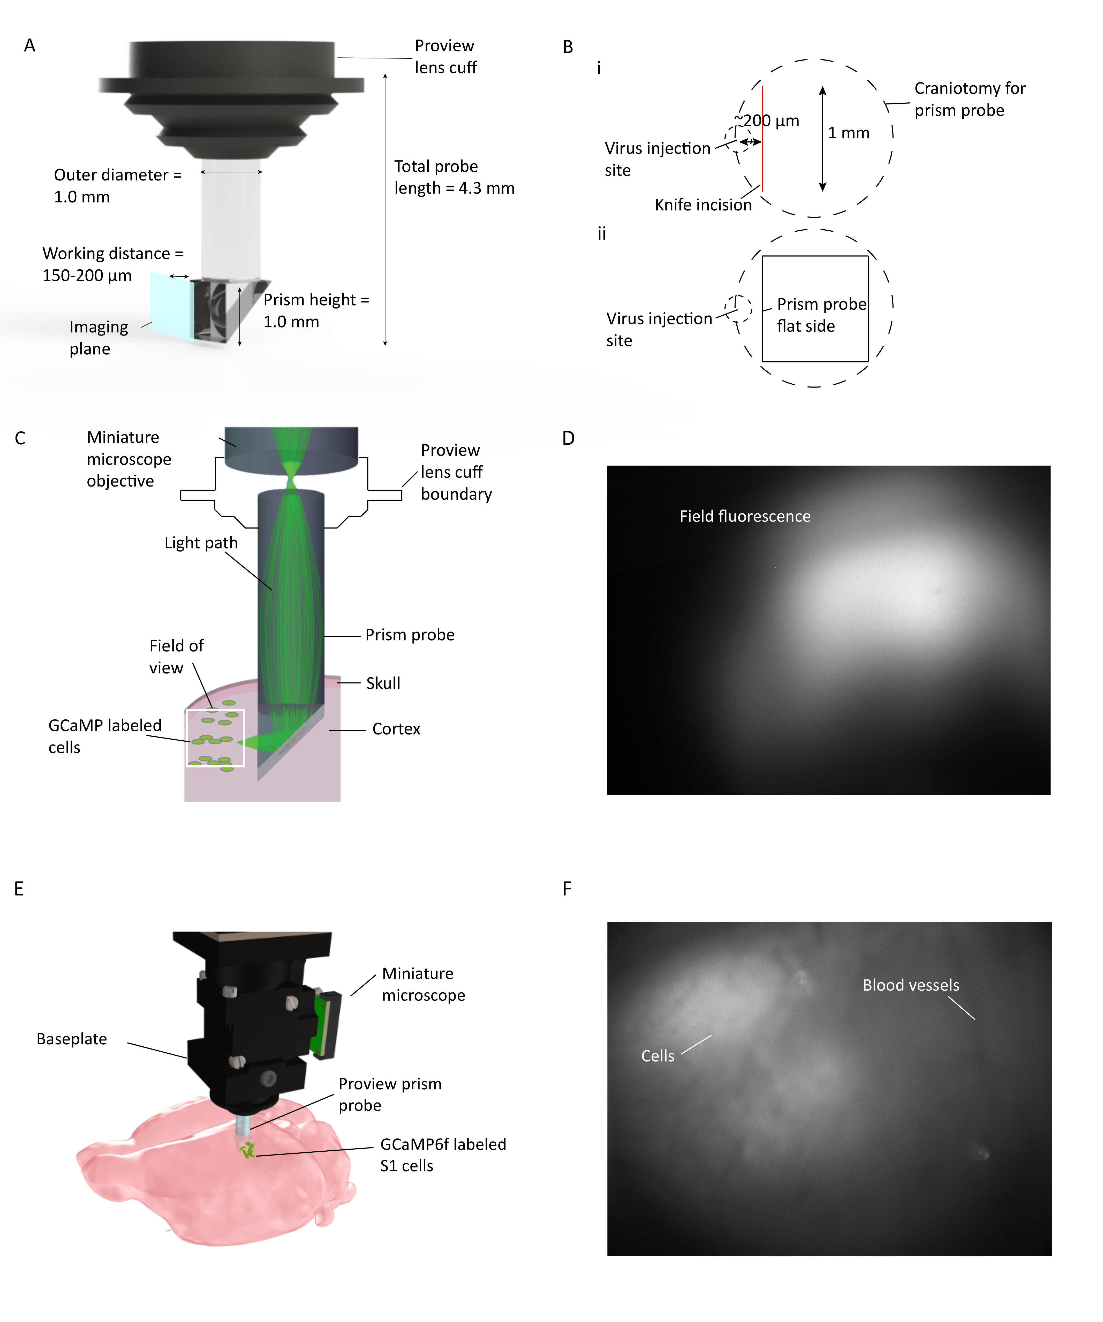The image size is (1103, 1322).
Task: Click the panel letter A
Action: (29, 45)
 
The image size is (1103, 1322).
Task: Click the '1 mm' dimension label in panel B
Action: (848, 133)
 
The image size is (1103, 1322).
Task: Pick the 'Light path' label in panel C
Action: (201, 543)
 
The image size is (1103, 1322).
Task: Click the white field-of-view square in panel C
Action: (215, 738)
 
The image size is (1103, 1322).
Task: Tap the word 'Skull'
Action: (383, 683)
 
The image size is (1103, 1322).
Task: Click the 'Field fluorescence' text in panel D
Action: (745, 516)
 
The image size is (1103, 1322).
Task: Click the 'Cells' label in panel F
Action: (657, 1056)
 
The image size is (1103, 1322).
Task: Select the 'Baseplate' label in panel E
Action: (72, 1039)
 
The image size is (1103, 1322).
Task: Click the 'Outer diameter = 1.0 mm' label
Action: (118, 186)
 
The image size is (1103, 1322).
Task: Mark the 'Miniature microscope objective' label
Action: (129, 459)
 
